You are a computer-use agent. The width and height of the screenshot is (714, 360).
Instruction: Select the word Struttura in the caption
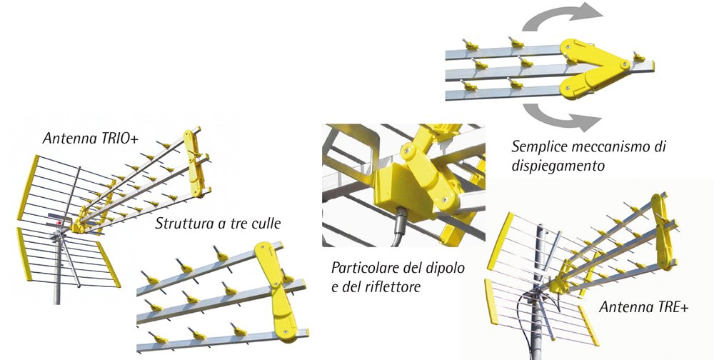(x=183, y=224)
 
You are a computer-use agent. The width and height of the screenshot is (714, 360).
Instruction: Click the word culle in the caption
(x=265, y=224)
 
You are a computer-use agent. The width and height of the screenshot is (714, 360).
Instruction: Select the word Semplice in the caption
(x=540, y=147)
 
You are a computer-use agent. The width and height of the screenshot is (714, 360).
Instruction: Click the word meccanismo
(x=614, y=147)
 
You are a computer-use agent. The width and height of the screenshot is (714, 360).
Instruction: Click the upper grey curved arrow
(x=564, y=18)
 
